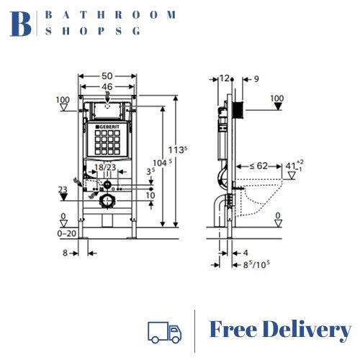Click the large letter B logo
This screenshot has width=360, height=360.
click(22, 23)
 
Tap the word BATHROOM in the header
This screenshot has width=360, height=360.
click(109, 14)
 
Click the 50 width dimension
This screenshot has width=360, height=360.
click(106, 76)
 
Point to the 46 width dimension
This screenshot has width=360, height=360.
click(106, 86)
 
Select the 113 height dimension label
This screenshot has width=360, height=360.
click(174, 150)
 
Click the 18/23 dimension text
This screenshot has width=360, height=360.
click(105, 167)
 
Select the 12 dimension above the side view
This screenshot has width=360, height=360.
click(224, 78)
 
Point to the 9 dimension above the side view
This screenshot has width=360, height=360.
click(256, 78)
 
